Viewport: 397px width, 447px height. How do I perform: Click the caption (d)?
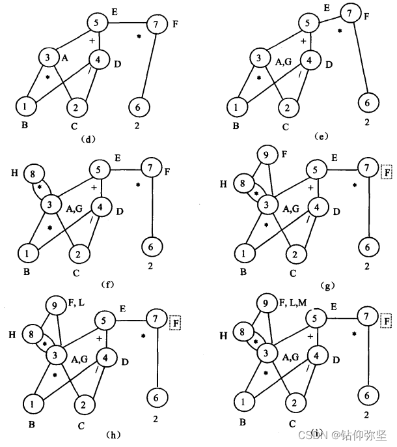click(86, 138)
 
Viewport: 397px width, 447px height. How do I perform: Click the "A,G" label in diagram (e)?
click(283, 62)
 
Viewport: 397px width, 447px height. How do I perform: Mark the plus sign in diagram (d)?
click(92, 41)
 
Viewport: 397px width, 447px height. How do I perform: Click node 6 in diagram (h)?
click(156, 395)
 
